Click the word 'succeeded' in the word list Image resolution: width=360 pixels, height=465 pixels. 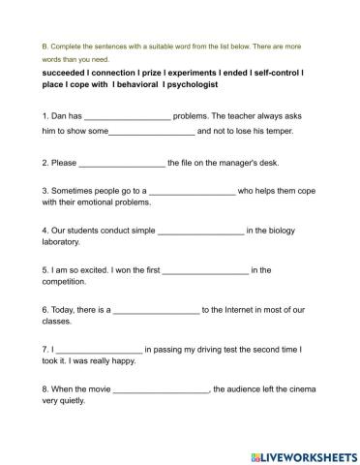coord(65,73)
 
